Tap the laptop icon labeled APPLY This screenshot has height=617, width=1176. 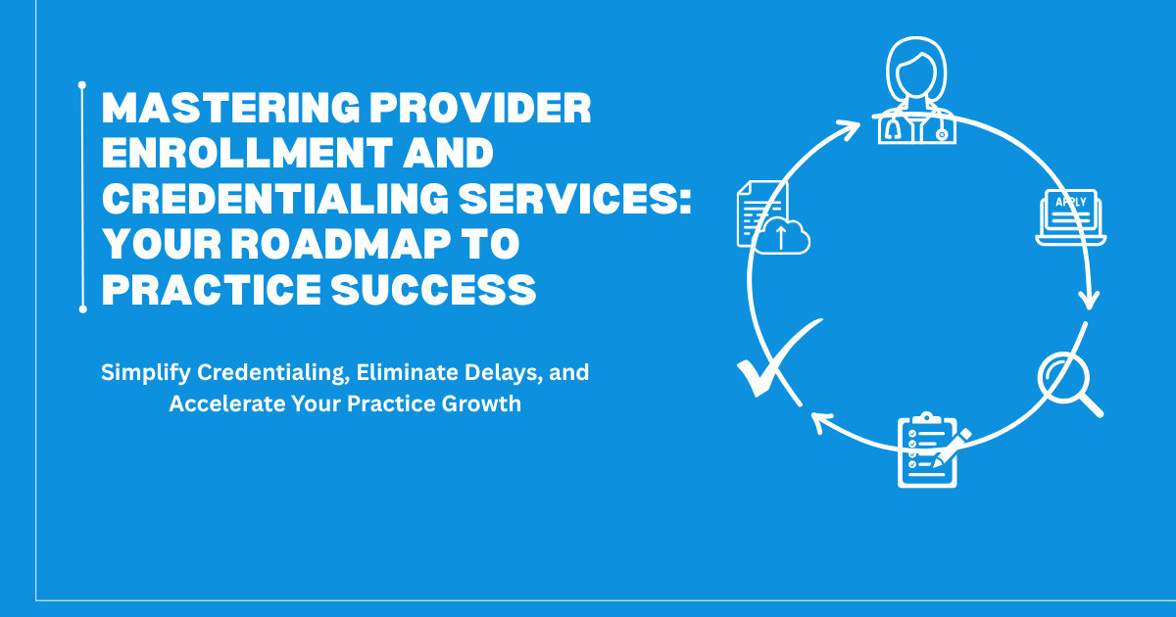coord(1071,217)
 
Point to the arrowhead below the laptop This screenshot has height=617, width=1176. coord(1087,300)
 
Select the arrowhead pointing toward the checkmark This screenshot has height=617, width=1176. coord(821,422)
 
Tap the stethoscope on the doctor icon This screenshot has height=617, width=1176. coord(894,128)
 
